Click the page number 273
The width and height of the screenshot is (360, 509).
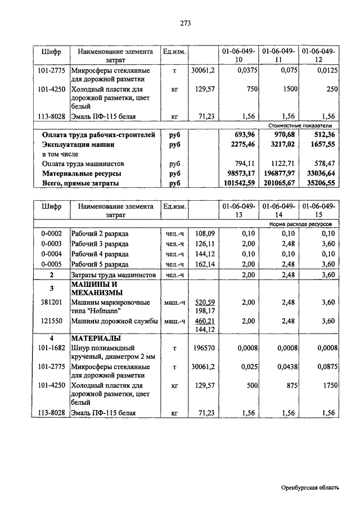(186, 23)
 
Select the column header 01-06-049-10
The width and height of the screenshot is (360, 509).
(238, 55)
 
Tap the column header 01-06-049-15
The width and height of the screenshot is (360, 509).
(318, 210)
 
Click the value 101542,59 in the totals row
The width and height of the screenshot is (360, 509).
(240, 183)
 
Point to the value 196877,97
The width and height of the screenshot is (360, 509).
(279, 174)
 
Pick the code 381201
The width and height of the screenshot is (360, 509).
(51, 302)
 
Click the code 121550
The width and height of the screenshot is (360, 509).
(51, 321)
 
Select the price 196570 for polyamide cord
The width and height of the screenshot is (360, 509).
(203, 349)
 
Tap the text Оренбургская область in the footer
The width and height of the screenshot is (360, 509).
(310, 488)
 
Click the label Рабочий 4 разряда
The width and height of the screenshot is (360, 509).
(100, 254)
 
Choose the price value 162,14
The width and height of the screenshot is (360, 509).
(205, 264)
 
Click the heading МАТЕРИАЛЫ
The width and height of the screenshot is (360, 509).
(95, 338)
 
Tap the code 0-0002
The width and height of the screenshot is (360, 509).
(51, 233)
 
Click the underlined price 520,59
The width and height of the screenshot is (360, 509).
(205, 302)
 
